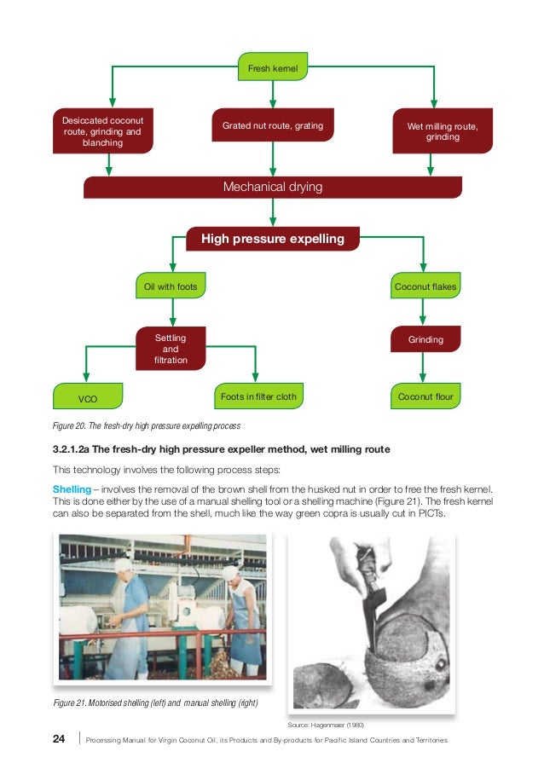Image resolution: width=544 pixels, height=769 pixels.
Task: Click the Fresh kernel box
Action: [x=272, y=66]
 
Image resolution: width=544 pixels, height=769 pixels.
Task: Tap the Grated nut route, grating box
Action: [x=272, y=126]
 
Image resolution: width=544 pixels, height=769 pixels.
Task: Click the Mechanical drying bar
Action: [x=272, y=187]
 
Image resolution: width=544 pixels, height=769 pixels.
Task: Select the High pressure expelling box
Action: [x=272, y=239]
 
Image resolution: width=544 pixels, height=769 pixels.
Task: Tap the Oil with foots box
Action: [x=171, y=287]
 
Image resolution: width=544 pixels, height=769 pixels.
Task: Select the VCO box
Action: [x=88, y=397]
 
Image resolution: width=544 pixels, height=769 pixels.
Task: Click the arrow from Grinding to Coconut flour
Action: [x=424, y=368]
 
